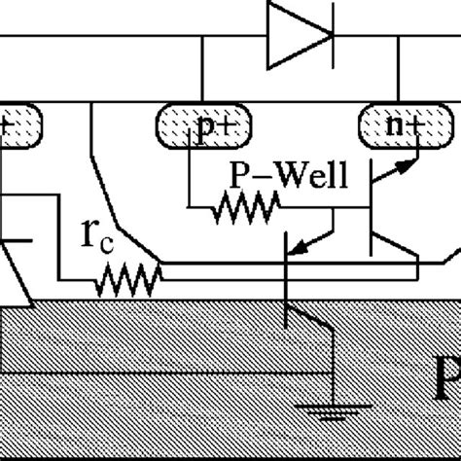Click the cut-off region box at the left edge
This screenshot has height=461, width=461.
(20, 126)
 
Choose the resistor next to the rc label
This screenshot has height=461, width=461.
(127, 281)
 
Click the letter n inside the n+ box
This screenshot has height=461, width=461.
(391, 128)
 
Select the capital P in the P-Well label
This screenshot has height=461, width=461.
(237, 175)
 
